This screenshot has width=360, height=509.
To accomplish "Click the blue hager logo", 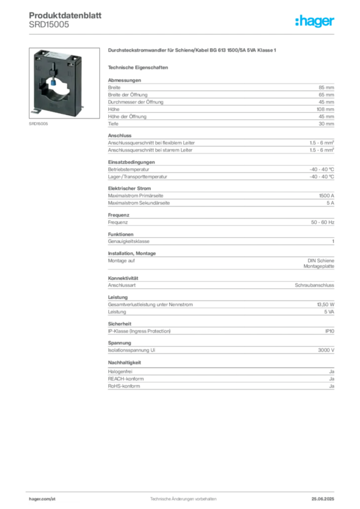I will pos(315,22).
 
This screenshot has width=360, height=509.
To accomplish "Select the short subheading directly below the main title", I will pos(139,67).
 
